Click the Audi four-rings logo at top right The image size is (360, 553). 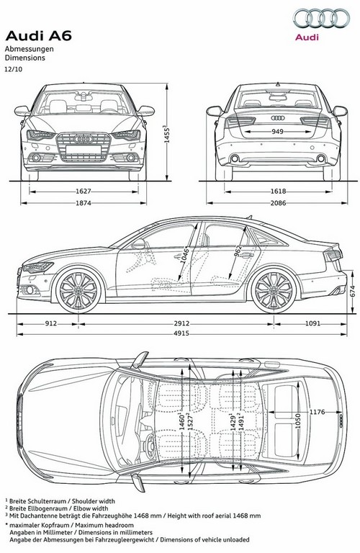322,18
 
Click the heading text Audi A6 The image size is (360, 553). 38,35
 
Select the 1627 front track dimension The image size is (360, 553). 84,192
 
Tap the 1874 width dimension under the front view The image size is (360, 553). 84,203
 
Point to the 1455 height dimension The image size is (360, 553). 167,134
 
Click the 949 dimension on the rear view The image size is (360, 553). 277,132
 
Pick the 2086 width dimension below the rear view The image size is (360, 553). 278,203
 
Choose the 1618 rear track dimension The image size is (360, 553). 278,192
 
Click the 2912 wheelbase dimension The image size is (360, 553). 181,323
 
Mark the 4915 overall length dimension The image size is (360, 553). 181,333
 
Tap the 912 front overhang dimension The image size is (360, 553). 51,323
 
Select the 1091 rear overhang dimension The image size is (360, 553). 312,323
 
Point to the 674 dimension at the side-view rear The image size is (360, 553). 352,292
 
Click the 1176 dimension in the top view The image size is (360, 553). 317,412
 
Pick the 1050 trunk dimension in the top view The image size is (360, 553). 298,421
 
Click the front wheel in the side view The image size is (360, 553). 78,290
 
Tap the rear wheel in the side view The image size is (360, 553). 274,290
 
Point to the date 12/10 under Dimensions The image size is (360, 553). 13,69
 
